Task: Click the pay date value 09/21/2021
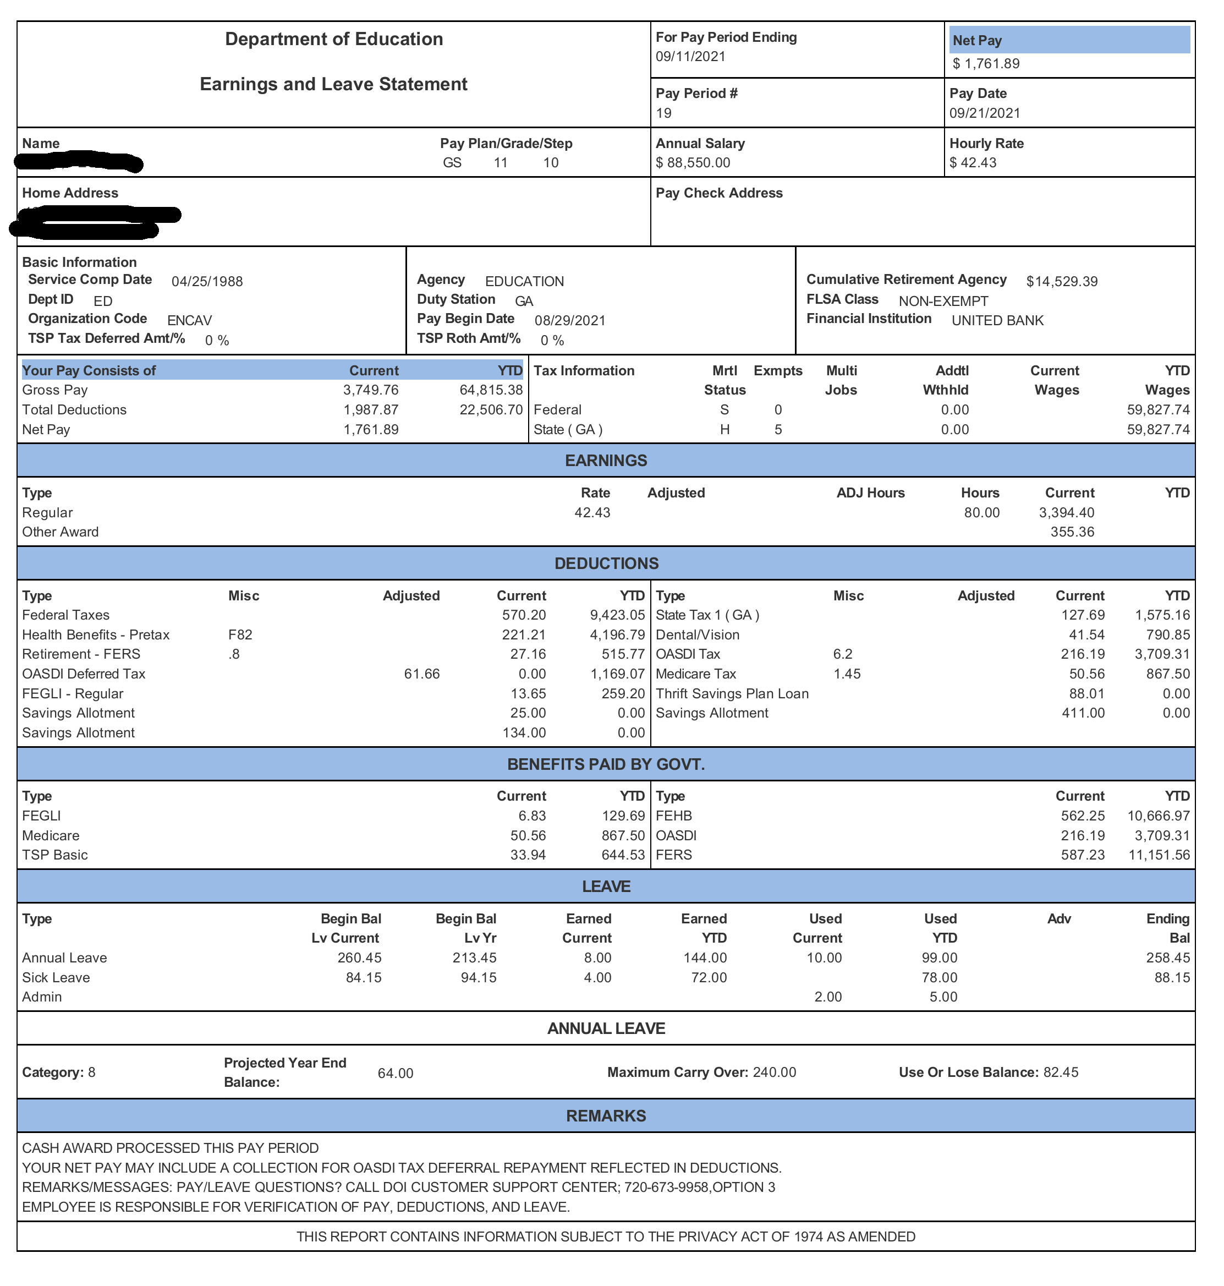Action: pyautogui.click(x=985, y=113)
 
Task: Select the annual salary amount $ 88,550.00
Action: pyautogui.click(x=693, y=162)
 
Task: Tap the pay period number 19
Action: pyautogui.click(x=663, y=113)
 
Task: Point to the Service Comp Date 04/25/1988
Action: pyautogui.click(x=207, y=281)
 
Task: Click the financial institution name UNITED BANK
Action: pyautogui.click(x=997, y=320)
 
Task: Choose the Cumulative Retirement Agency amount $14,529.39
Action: pyautogui.click(x=1062, y=281)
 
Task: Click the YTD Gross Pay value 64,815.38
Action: pyautogui.click(x=491, y=390)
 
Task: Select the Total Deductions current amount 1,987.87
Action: pyautogui.click(x=371, y=409)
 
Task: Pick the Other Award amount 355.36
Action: pyautogui.click(x=1072, y=532)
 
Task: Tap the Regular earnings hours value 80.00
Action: pyautogui.click(x=981, y=512)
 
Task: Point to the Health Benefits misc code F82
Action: pyautogui.click(x=240, y=634)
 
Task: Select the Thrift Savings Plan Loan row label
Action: pyautogui.click(x=732, y=693)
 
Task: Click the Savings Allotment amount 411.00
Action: pyautogui.click(x=1083, y=713)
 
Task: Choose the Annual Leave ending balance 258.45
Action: pyautogui.click(x=1167, y=957)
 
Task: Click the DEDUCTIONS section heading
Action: pyautogui.click(x=606, y=563)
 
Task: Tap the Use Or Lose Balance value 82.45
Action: pyautogui.click(x=1061, y=1072)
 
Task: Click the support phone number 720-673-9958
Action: pyautogui.click(x=666, y=1187)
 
